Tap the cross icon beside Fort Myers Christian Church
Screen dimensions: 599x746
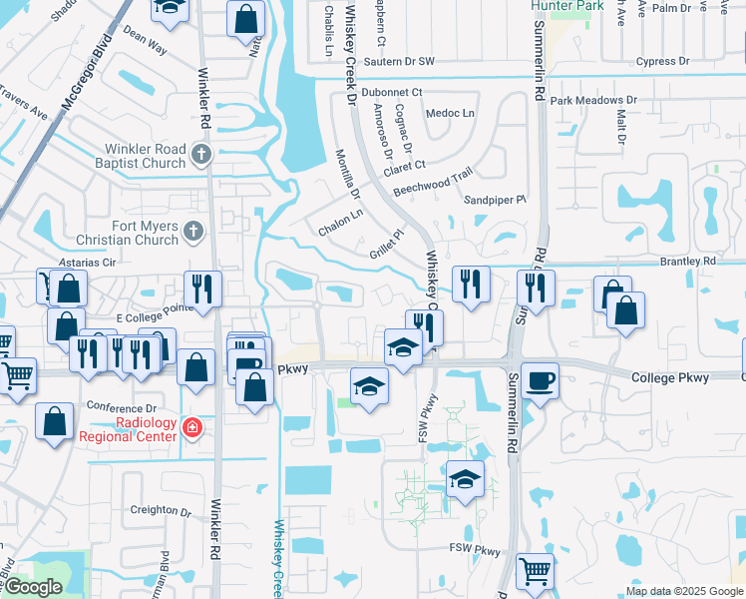[193, 233]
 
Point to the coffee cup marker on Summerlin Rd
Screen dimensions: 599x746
[540, 380]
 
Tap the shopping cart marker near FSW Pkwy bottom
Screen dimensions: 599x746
[536, 572]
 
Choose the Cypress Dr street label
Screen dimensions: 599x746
[654, 61]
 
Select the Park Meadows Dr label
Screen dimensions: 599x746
[593, 101]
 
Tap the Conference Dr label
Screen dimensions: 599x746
[123, 407]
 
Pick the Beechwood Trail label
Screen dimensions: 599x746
[432, 180]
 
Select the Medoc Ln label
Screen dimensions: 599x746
[450, 113]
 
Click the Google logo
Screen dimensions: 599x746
[32, 587]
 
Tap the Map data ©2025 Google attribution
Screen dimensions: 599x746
[683, 591]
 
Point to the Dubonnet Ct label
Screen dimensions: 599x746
[392, 92]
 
